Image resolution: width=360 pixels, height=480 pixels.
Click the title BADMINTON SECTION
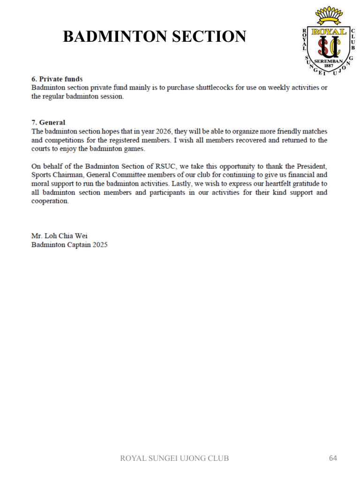click(x=154, y=36)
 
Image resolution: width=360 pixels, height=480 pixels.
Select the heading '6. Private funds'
click(x=57, y=79)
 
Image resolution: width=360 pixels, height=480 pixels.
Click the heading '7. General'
click(x=48, y=123)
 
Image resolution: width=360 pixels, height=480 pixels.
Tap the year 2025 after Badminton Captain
click(x=100, y=245)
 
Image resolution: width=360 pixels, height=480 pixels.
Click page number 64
click(x=333, y=458)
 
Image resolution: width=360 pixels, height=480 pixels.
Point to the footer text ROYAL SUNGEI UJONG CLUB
click(x=175, y=458)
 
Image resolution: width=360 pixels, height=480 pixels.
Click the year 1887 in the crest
click(x=329, y=66)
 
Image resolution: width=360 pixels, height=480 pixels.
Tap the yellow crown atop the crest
click(x=329, y=15)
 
